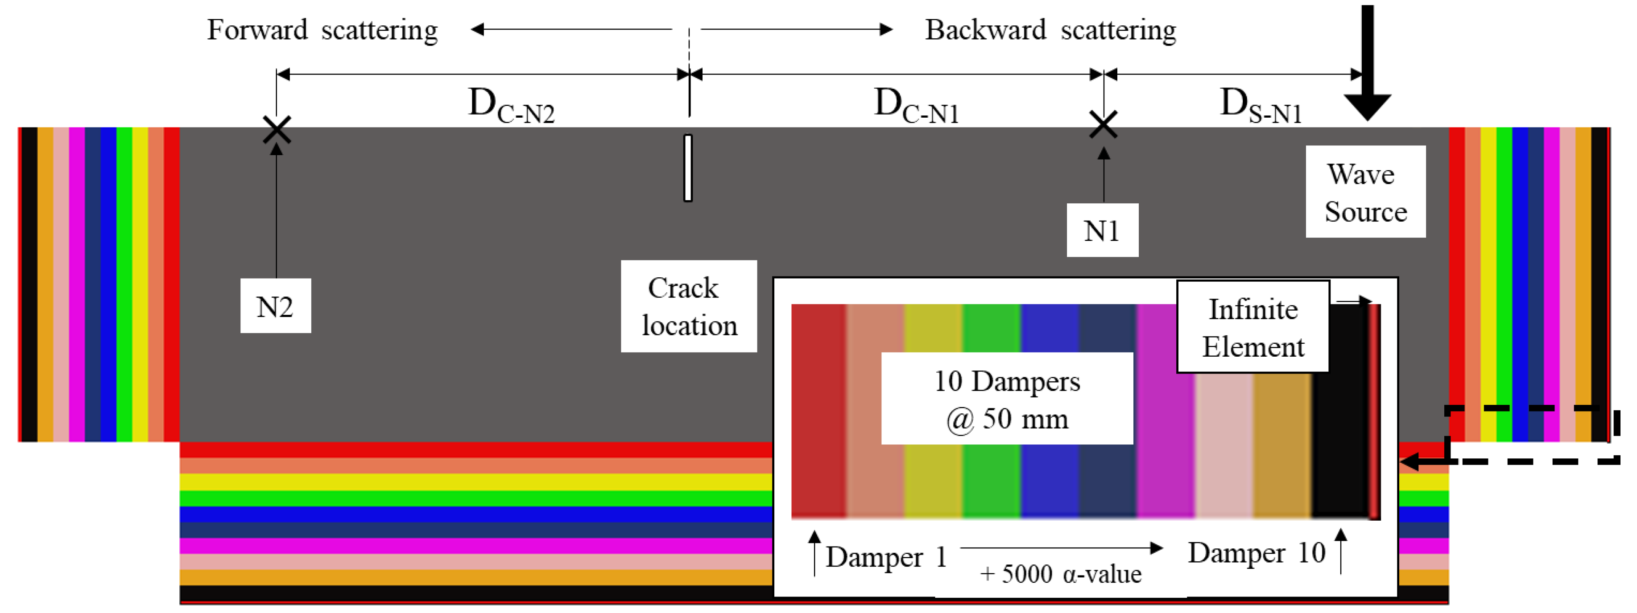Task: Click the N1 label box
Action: pos(1102,230)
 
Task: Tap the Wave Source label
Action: pos(1365,192)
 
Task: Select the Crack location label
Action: pos(688,306)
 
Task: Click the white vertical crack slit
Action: pos(688,168)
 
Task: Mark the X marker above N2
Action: pos(277,130)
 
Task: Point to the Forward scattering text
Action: pos(322,30)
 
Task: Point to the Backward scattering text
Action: pos(1050,30)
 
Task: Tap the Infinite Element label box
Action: pos(1253,327)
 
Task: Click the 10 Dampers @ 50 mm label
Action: pos(1007,399)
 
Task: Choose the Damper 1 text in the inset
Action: pos(886,557)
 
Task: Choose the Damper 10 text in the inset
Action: pos(1257,553)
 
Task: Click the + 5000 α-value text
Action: pos(1060,574)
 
